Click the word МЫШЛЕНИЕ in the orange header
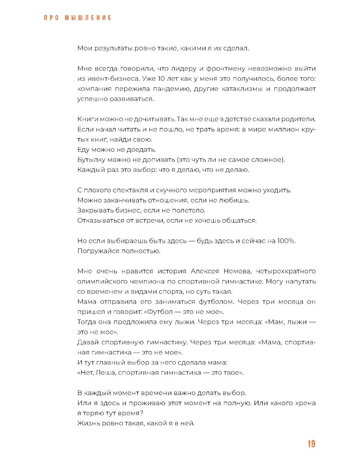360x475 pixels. pos(88,18)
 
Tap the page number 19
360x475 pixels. pos(311,444)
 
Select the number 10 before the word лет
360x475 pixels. pos(162,79)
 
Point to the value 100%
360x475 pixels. pos(286,241)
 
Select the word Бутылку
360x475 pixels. pos(91,160)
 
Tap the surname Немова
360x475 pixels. pos(237,271)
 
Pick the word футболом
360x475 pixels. pos(216,301)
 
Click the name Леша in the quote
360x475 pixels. pos(105,372)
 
